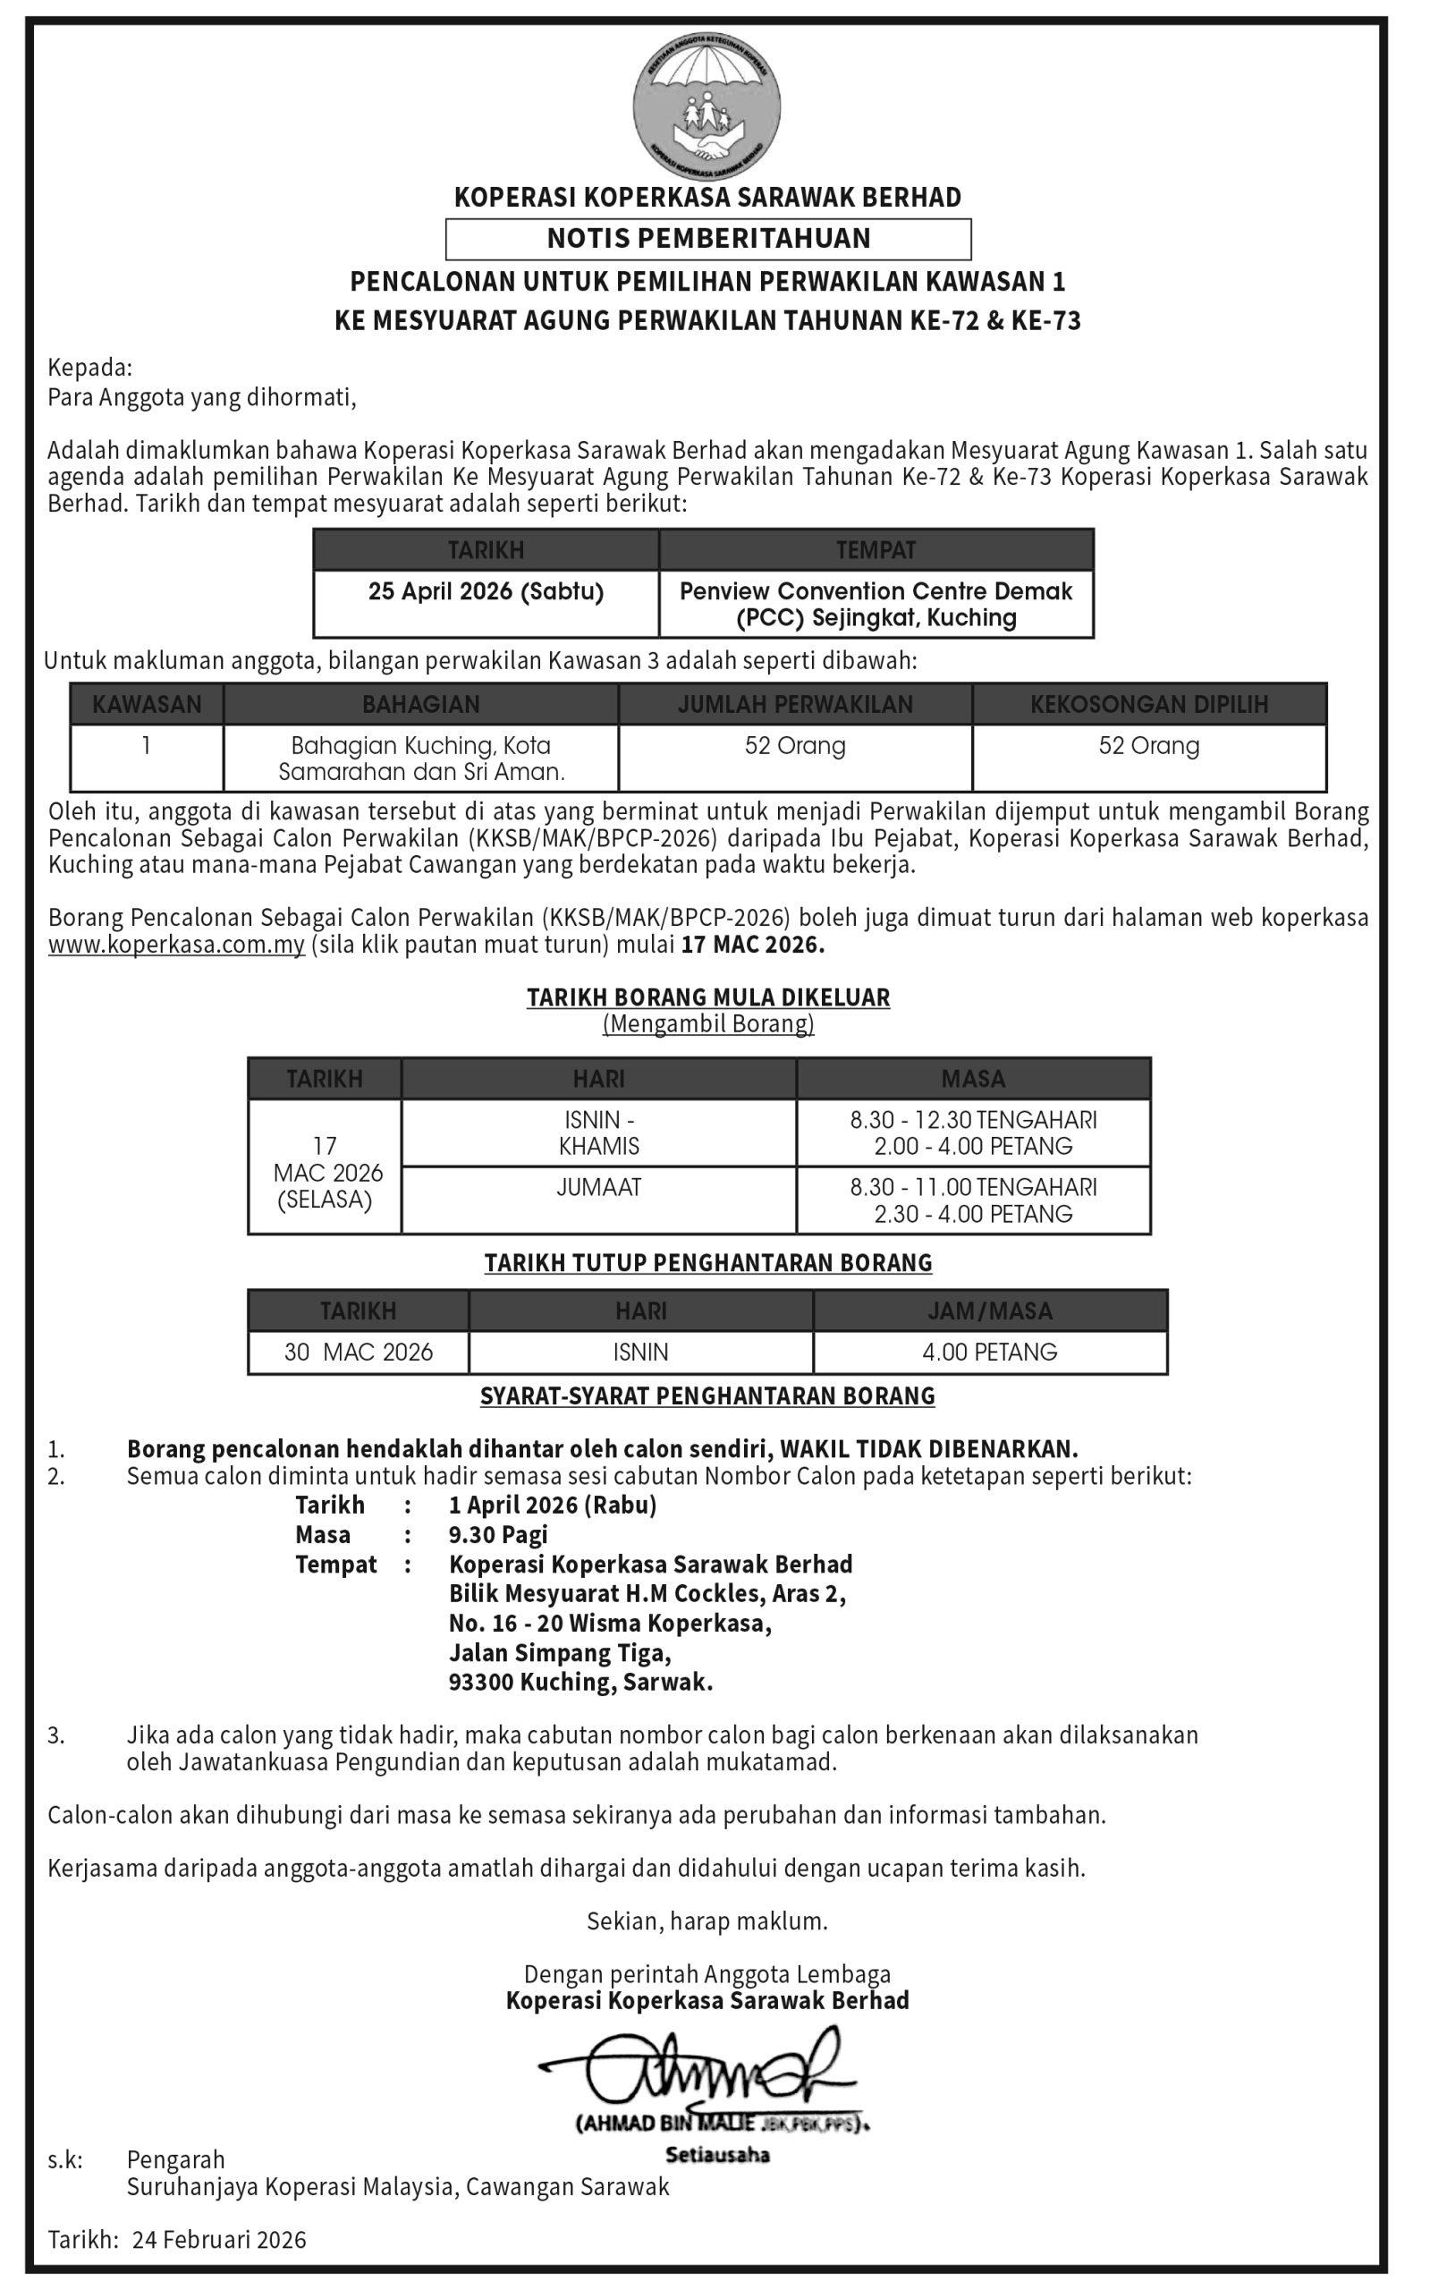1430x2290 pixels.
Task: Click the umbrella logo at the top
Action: [707, 104]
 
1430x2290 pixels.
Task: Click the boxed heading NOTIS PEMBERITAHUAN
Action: [708, 238]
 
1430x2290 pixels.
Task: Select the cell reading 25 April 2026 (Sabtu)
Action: [487, 592]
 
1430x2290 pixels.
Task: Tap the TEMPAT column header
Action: [876, 549]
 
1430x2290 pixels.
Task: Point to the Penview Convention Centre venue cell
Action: [876, 605]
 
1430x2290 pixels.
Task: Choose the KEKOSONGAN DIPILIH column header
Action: [1149, 704]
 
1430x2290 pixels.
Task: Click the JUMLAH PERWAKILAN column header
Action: [795, 704]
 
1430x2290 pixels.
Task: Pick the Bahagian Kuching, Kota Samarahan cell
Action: [421, 759]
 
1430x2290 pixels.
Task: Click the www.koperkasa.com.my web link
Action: [177, 945]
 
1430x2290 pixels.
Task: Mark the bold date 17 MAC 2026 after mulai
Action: [753, 945]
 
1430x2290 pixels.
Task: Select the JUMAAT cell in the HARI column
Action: [598, 1187]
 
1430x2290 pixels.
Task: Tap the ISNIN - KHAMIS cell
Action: [598, 1132]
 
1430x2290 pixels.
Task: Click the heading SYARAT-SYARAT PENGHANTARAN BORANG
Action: [707, 1396]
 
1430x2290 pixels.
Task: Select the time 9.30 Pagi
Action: [498, 1534]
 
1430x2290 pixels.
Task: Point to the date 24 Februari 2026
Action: [219, 2240]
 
